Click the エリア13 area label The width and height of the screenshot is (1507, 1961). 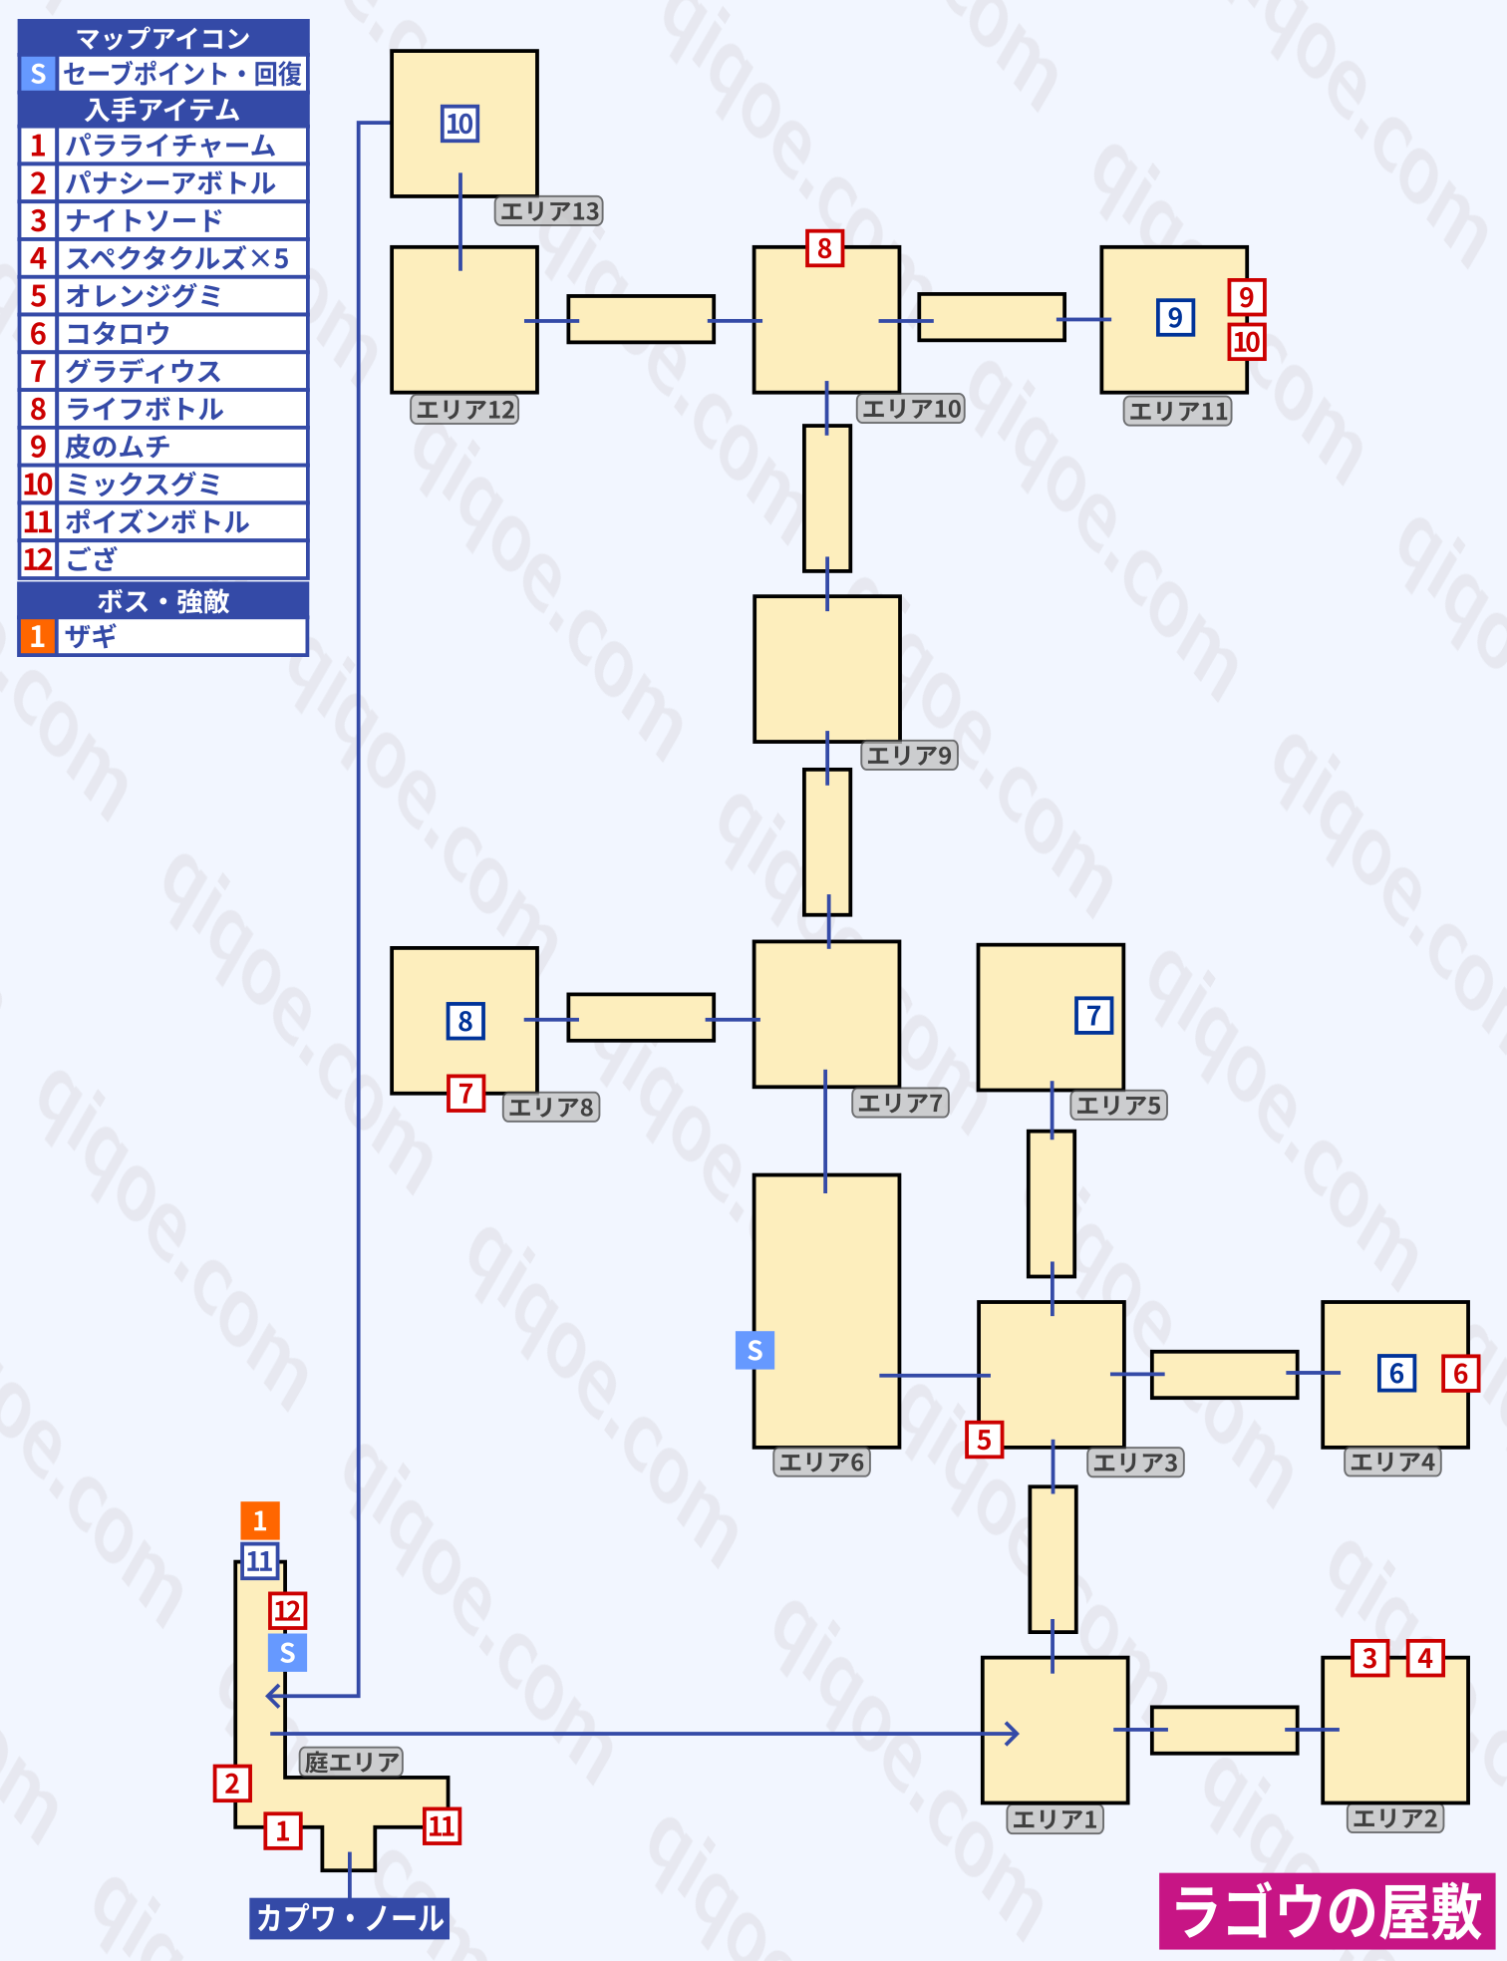coord(549,211)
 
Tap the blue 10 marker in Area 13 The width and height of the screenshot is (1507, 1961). coord(459,125)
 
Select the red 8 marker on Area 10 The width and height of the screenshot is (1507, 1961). coord(824,248)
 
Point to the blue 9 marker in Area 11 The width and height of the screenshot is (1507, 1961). coord(1175,317)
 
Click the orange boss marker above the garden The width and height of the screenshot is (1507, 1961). coord(259,1520)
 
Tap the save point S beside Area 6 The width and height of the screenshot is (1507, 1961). coord(754,1350)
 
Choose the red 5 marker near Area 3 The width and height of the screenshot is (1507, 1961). coord(984,1439)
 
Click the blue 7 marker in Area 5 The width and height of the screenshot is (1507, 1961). coord(1093,1015)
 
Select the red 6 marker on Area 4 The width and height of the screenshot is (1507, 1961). coord(1460,1373)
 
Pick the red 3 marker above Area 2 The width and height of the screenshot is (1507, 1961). coord(1369,1658)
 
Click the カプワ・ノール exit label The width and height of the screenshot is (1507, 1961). coord(349,1918)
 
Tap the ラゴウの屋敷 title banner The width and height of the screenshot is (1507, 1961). coord(1327,1911)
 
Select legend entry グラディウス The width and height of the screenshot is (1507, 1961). coord(144,371)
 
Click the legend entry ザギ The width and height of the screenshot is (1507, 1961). coord(92,636)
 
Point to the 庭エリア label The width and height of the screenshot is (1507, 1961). coord(351,1762)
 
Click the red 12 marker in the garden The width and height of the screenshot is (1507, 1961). coord(287,1610)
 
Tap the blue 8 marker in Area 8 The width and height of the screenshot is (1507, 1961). coord(464,1021)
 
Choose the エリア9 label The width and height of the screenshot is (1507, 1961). coord(909,755)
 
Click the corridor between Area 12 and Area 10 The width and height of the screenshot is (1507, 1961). coord(641,319)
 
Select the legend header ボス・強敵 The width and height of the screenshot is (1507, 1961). coord(163,601)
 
